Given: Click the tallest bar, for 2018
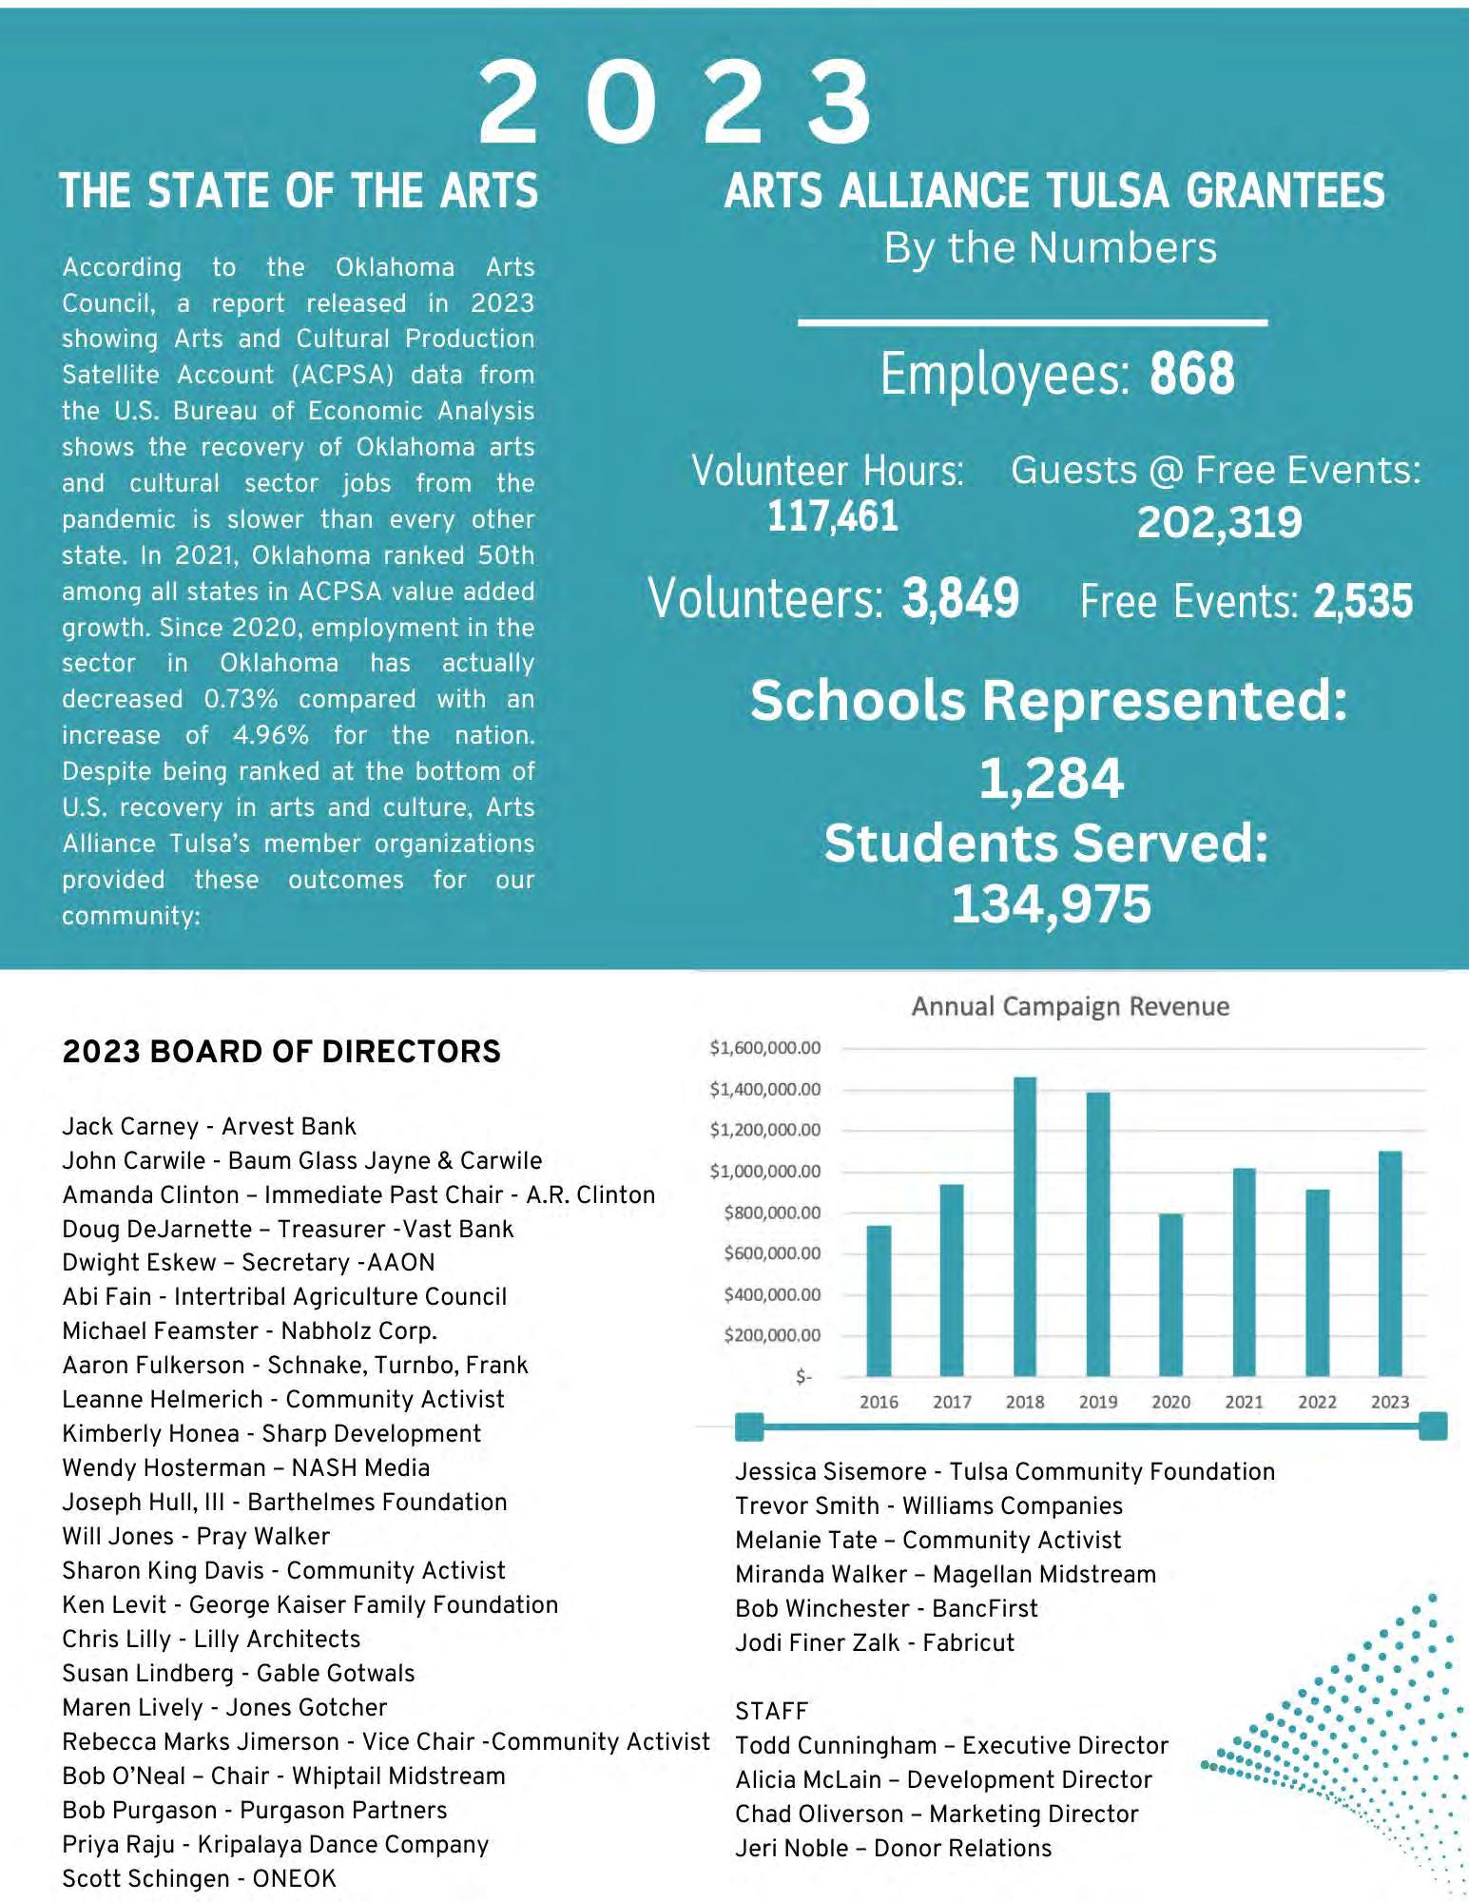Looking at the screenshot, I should (x=1025, y=1227).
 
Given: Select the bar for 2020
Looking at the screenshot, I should (x=1170, y=1294).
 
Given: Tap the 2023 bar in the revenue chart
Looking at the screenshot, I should (x=1389, y=1264).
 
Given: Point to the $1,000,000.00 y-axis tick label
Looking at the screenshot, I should (x=765, y=1172).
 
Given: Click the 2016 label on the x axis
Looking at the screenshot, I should (x=879, y=1402).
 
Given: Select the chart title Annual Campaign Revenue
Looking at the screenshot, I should (x=1070, y=1006).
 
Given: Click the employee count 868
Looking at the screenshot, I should (x=1191, y=374).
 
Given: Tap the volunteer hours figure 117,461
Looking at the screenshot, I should (x=832, y=516).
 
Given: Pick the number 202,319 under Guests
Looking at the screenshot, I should (x=1219, y=522).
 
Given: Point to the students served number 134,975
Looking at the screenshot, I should (x=1051, y=903).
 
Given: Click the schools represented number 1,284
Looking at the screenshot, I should (x=1051, y=779).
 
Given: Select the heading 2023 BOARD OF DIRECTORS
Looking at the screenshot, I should (x=281, y=1052).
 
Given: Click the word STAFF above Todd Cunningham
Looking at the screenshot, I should (x=771, y=1712).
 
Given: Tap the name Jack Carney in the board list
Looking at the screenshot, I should (x=130, y=1127).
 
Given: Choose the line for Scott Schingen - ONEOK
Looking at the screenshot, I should (x=199, y=1878).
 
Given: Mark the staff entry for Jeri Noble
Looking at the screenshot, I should (x=893, y=1848).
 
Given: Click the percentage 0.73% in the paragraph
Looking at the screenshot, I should (x=241, y=699).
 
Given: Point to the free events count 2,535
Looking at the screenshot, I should (x=1363, y=601).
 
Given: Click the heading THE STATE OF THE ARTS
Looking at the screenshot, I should (x=299, y=191).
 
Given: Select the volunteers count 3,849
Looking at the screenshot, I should (x=960, y=599).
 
